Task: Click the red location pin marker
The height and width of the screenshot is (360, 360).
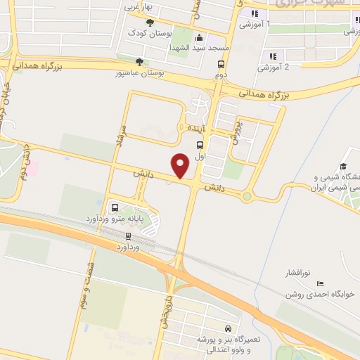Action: [x=181, y=165]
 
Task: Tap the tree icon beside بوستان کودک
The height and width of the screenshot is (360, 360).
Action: [x=148, y=23]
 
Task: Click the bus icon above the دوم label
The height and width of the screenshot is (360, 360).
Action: [x=221, y=65]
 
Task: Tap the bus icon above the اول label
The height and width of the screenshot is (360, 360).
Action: [x=200, y=146]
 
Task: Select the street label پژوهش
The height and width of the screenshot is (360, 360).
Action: [x=237, y=131]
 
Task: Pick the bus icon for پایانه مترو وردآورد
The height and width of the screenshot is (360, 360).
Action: [x=115, y=207]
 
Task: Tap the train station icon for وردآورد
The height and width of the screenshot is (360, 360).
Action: [x=128, y=236]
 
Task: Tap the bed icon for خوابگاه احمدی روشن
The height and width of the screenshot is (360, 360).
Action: [x=321, y=283]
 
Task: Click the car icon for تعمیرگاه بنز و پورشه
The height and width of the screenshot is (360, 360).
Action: [x=228, y=328]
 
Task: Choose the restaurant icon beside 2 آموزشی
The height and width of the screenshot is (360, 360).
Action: [x=273, y=56]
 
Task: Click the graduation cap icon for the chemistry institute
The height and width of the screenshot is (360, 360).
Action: [x=343, y=167]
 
